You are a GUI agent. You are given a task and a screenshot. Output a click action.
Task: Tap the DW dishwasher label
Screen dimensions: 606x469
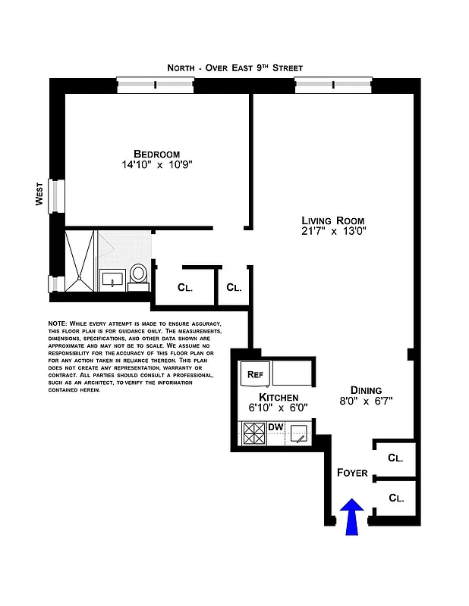pos(275,427)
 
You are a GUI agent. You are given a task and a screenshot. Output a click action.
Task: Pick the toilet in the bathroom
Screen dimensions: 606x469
pos(139,274)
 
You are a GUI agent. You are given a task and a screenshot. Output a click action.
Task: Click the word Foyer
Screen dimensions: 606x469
pos(352,473)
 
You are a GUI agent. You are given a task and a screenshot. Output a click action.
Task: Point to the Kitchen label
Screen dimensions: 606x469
pos(279,397)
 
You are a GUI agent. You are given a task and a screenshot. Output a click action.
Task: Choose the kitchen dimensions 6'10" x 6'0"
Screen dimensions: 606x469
pos(279,408)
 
